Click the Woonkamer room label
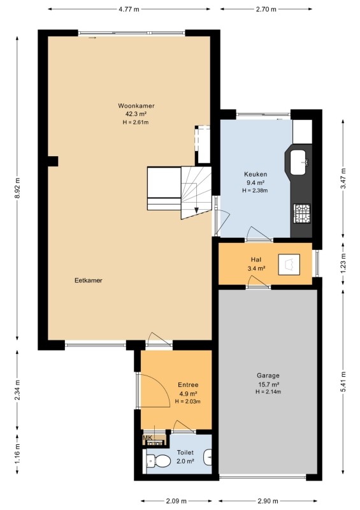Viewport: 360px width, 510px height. point(136,106)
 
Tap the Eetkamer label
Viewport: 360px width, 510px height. point(89,280)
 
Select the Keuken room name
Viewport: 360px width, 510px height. point(256,174)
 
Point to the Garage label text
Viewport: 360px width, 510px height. point(268,375)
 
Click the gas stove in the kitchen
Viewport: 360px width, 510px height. point(302,214)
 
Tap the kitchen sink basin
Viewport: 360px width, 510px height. point(299,163)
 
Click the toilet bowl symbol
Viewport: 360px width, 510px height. point(158,461)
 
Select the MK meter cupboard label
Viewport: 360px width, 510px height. point(147,438)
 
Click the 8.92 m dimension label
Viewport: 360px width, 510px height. point(17,188)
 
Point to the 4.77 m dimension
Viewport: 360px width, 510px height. point(129,9)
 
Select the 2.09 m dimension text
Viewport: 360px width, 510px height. point(176,500)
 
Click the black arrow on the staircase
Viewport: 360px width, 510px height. point(196,210)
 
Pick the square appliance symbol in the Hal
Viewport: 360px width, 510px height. point(289,264)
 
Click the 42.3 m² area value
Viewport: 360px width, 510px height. point(136,114)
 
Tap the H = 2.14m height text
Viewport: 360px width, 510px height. point(268,391)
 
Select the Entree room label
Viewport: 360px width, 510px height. point(188,385)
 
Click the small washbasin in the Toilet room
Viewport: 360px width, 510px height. point(208,458)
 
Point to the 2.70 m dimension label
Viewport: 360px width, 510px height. point(266,9)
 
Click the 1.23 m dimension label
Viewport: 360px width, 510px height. point(343,264)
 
